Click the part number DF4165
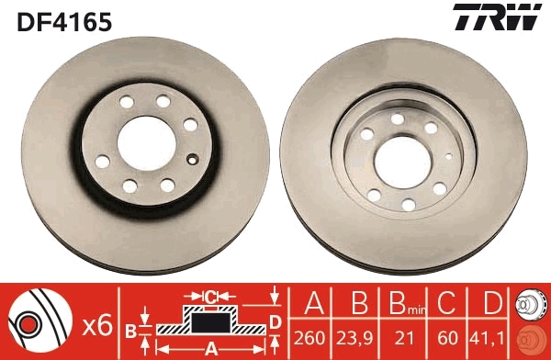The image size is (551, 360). point(62,19)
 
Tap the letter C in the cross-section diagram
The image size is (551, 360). point(209,296)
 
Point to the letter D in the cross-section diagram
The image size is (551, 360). point(275,321)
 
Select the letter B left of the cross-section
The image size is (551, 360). point(129,328)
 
